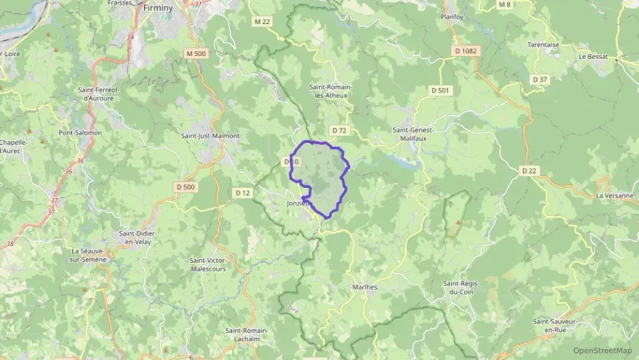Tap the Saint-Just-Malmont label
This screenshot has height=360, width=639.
210,135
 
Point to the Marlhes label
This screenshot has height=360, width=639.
365,287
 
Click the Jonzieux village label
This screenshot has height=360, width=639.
298,204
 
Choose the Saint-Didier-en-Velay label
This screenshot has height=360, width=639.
138,237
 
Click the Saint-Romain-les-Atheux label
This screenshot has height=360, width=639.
329,91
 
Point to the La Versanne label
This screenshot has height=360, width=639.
615,195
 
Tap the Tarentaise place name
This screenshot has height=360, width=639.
543,45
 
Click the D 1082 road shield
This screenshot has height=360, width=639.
466,51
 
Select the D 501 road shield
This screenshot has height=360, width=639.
440,90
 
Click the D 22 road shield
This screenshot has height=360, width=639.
529,171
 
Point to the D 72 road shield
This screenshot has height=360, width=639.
339,130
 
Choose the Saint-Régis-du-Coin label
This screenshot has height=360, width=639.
461,288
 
